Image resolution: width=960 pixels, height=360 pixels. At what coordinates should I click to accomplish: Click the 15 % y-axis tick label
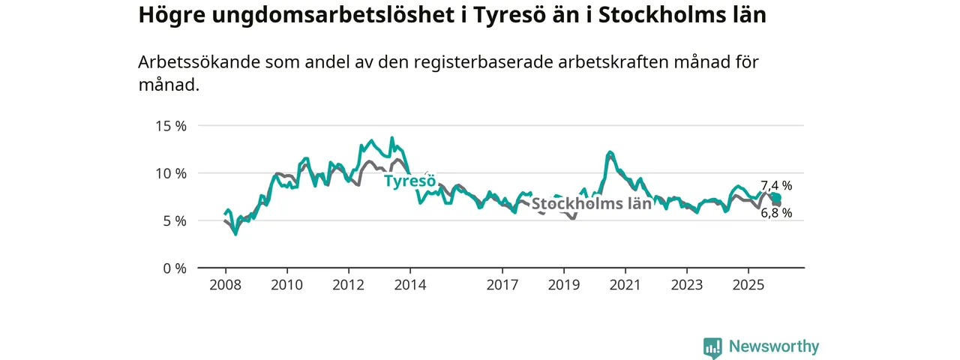click(x=170, y=125)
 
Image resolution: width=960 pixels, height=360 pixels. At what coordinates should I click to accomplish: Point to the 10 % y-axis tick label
click(x=170, y=173)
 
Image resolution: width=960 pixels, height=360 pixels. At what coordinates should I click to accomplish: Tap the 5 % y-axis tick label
click(x=173, y=220)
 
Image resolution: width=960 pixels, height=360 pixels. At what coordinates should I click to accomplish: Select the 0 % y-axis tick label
click(x=173, y=268)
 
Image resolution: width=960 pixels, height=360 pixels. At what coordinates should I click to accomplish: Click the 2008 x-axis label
click(x=225, y=285)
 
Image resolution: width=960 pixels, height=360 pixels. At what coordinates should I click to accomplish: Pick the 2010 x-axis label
click(x=286, y=285)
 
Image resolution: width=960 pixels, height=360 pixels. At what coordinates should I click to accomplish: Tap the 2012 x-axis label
click(x=348, y=285)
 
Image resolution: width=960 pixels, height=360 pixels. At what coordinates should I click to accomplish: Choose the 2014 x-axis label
click(x=409, y=285)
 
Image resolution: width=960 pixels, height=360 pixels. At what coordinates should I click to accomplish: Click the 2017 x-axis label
click(x=502, y=285)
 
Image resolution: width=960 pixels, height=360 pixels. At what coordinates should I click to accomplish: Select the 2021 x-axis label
click(x=625, y=285)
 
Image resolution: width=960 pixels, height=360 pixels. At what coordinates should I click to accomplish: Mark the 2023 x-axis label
click(x=686, y=285)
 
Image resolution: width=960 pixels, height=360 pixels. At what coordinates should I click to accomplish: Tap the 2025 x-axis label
click(x=748, y=285)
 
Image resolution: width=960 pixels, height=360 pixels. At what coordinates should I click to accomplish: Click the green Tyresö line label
click(x=409, y=181)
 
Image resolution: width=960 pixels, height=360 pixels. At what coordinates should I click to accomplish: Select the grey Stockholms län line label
click(x=591, y=204)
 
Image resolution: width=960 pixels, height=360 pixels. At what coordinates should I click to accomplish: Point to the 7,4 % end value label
click(x=776, y=186)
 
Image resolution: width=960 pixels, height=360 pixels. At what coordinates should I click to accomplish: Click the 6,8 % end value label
click(x=776, y=213)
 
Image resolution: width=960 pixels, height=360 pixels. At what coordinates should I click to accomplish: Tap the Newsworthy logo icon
click(x=712, y=347)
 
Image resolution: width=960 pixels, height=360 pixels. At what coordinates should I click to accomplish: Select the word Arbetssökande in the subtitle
click(x=198, y=62)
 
